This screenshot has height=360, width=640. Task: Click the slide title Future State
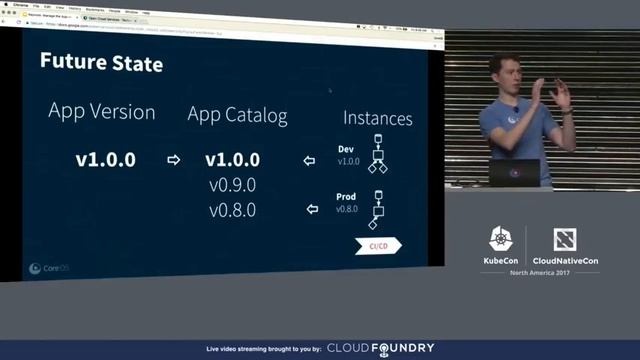101,63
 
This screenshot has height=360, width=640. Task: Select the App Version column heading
102,111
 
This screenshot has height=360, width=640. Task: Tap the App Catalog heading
237,115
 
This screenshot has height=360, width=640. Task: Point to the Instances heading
378,119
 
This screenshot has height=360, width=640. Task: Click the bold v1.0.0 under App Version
105,159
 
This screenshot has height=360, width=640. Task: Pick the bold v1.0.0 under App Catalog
233,160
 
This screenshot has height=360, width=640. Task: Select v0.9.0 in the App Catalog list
233,185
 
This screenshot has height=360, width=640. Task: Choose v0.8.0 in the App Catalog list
233,210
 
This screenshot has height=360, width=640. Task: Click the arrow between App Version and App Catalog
173,160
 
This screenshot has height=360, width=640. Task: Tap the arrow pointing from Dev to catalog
310,160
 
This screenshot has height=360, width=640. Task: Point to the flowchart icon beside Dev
377,153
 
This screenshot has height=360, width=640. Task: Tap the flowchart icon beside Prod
377,208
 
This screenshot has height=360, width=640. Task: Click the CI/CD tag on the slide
378,246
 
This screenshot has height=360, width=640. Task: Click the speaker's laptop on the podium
514,172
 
